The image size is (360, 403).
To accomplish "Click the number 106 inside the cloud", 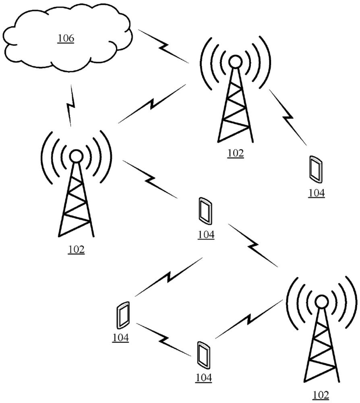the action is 66,38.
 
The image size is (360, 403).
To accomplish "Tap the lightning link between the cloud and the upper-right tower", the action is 163,46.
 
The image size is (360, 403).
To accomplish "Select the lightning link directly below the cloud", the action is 70,105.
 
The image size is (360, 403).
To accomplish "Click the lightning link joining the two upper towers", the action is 152,104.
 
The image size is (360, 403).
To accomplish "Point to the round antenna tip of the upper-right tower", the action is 235,62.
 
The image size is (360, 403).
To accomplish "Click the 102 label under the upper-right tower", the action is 236,153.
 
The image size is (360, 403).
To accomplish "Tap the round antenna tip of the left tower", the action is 76,156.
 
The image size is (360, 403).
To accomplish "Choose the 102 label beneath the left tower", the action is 76,249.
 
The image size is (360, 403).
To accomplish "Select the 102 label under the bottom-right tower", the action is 321,395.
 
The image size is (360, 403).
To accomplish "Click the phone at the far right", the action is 316,169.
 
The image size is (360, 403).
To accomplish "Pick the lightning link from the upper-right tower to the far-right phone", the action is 288,117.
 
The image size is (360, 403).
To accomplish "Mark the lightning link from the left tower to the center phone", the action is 150,179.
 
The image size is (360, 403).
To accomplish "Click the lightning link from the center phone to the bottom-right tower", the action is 253,245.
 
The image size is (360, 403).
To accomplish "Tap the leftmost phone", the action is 123,315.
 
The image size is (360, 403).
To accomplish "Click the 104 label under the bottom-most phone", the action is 204,378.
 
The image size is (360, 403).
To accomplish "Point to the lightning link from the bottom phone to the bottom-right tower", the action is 248,319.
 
